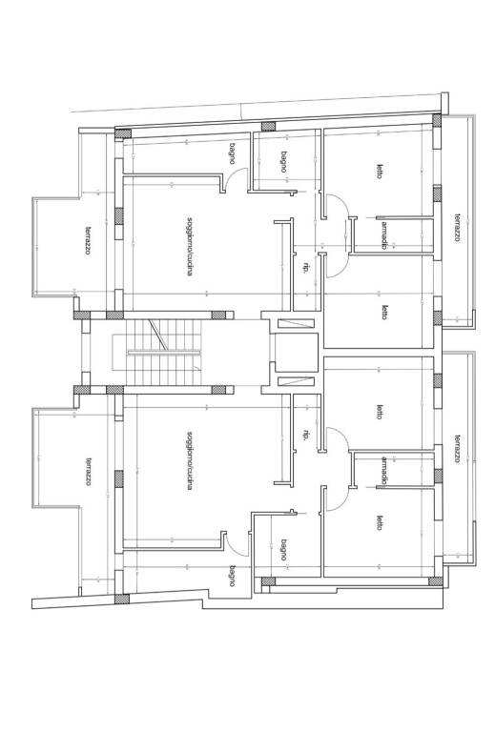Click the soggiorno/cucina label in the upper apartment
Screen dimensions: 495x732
(189, 246)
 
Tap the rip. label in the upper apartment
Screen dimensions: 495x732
(306, 268)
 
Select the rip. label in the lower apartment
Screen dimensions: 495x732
(306, 435)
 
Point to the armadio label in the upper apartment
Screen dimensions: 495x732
(383, 234)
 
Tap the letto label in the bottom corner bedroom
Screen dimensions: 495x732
(380, 522)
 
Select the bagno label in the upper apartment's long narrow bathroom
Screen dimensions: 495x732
(232, 153)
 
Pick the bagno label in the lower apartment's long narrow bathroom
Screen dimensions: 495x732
(232, 576)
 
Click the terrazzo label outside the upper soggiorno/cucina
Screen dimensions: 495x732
(88, 240)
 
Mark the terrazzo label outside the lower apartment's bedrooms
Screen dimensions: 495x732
(458, 450)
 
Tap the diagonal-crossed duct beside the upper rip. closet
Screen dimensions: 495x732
(296, 323)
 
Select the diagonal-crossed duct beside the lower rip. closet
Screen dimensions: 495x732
(296, 381)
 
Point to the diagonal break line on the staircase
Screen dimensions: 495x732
(157, 335)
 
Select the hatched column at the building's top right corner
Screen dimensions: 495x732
(437, 120)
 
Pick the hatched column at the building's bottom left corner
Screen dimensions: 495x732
(122, 599)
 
